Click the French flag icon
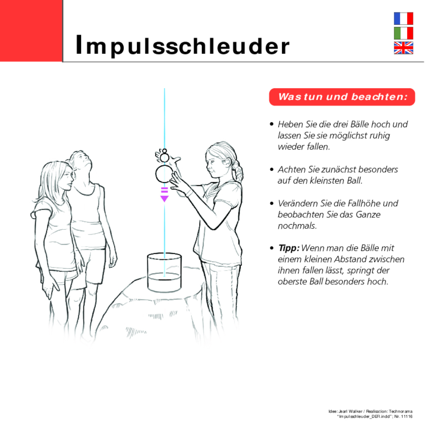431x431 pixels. (x=403, y=18)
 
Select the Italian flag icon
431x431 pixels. (x=403, y=33)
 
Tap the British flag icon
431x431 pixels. (x=403, y=48)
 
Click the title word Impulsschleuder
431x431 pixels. (x=182, y=46)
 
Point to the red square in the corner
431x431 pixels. (x=31, y=31)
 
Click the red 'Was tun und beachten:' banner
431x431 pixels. (x=342, y=97)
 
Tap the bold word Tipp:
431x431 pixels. (x=288, y=248)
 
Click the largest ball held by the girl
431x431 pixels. (x=164, y=174)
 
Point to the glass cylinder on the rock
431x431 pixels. (x=164, y=273)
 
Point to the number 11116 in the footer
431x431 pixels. (x=407, y=416)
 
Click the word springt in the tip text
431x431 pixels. (x=361, y=270)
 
